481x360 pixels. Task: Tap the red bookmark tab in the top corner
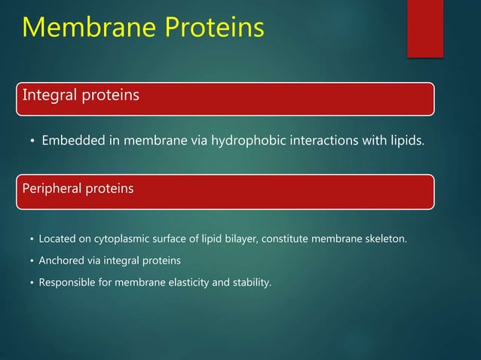424,26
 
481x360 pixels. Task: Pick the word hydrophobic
242,142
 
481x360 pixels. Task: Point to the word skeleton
384,239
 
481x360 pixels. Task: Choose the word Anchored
62,261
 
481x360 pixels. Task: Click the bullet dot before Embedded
30,142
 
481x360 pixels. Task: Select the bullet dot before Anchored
30,261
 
